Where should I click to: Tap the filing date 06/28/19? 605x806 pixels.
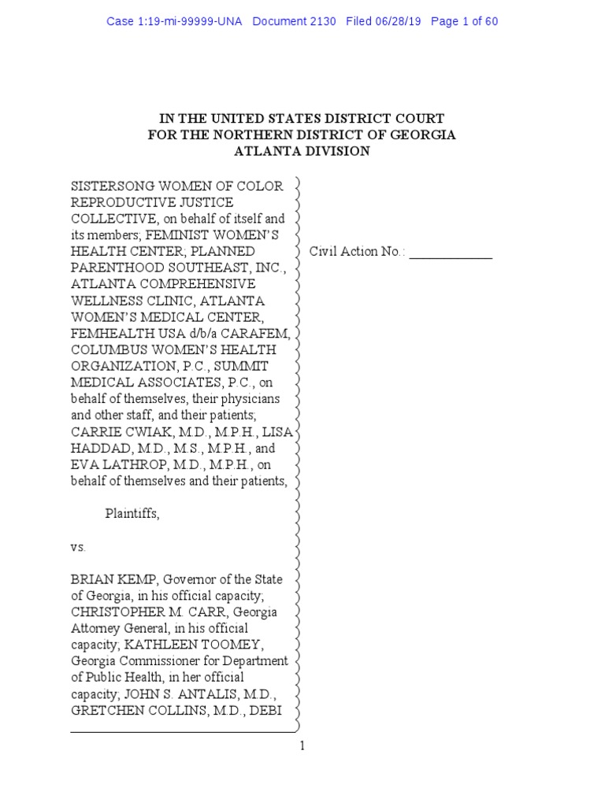click(x=395, y=21)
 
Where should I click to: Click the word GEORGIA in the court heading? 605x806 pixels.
click(x=420, y=135)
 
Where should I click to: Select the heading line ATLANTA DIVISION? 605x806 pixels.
click(x=302, y=152)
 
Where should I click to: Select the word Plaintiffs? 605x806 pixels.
click(x=132, y=514)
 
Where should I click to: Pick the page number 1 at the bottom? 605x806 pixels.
click(x=302, y=746)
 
